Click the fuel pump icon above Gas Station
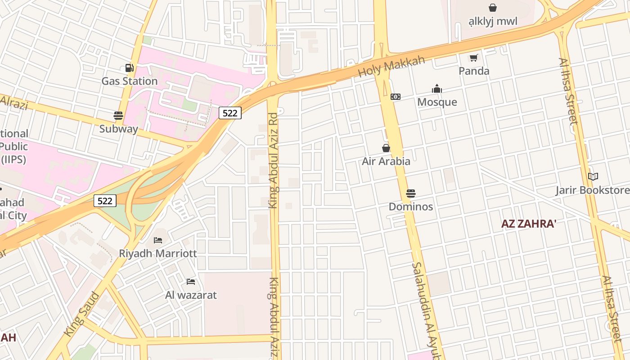[129, 68]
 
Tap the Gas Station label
[129, 81]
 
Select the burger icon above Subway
[118, 116]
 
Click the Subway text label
[118, 129]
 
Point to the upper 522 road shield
[230, 113]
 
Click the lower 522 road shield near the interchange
[105, 201]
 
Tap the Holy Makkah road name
[391, 67]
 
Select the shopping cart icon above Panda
[473, 58]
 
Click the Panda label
[474, 71]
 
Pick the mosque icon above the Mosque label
[437, 89]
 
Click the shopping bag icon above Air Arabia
[386, 148]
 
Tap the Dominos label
[411, 207]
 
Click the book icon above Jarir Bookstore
[593, 177]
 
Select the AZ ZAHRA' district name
[529, 224]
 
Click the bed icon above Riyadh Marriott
[157, 240]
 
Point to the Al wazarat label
[191, 295]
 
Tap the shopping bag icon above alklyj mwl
[493, 8]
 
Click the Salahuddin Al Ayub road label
[425, 310]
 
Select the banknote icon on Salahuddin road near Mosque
[396, 97]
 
